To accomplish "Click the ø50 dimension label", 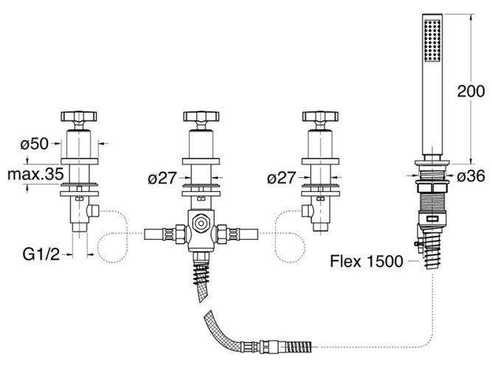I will pos(35,142).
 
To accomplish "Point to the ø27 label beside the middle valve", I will pos(162,178).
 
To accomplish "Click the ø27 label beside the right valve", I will pos(282,178).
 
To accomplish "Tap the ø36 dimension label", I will pos(471,177).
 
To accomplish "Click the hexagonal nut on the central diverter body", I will pos(199,221).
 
